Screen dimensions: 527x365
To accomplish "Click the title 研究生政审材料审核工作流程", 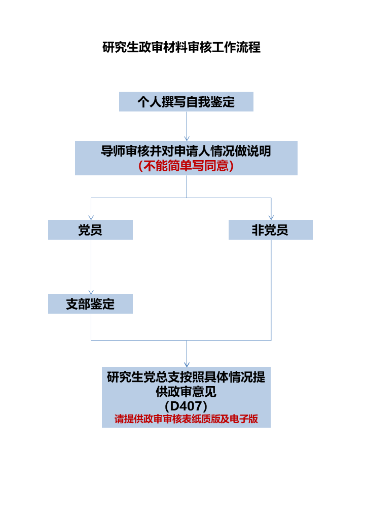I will (181, 48).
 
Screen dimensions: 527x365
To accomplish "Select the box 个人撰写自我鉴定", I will (186, 102).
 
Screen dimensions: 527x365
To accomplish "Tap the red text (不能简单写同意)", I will (186, 166).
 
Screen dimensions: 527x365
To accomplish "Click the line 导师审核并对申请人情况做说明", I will (186, 152).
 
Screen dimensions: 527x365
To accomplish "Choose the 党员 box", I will (90, 230).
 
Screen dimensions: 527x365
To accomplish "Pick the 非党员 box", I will (270, 230).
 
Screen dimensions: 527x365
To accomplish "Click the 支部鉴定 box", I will (90, 304).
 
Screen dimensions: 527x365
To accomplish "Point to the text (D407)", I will (186, 406).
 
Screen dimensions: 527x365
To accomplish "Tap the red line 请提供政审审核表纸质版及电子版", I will (186, 420).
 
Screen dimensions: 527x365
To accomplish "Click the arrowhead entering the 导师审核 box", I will (187, 138).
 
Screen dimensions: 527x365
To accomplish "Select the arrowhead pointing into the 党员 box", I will (91, 217).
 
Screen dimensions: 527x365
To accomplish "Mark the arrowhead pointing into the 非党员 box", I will (271, 217).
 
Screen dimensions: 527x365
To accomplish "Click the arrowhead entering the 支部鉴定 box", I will (91, 291).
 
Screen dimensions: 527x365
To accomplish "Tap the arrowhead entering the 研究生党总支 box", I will (187, 364).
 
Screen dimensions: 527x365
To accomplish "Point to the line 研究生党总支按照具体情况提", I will (186, 378).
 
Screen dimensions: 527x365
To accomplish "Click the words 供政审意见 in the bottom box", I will (186, 392).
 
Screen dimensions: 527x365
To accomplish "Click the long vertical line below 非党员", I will (271, 289).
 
